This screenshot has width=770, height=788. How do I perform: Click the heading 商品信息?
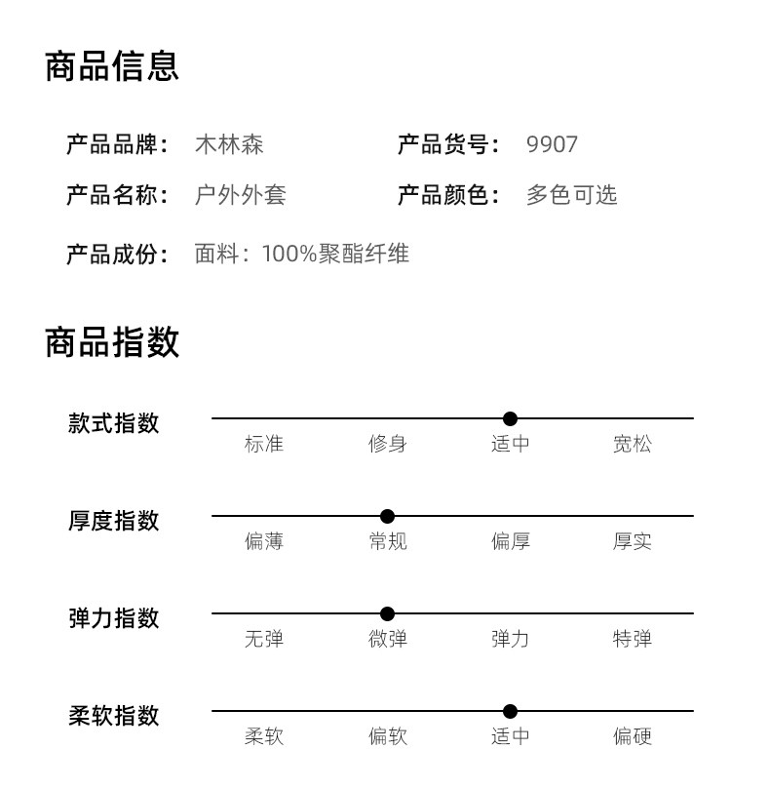(x=112, y=66)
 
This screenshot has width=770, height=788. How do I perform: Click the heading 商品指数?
(x=112, y=342)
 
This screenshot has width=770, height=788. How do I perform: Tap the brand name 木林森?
(x=229, y=144)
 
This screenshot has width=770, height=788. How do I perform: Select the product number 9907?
(x=552, y=144)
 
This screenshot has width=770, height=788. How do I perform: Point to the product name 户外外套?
(x=241, y=195)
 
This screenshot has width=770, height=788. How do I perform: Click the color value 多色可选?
(x=571, y=195)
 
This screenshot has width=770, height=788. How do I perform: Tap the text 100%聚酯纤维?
(x=335, y=254)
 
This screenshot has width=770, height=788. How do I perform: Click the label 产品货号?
(x=443, y=144)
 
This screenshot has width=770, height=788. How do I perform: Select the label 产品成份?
(x=112, y=254)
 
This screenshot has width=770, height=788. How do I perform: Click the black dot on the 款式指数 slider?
(x=510, y=418)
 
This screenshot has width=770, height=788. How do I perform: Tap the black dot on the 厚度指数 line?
(x=387, y=516)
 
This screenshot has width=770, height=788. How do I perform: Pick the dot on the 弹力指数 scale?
(x=387, y=613)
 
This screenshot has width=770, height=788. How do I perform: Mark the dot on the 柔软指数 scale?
(x=510, y=711)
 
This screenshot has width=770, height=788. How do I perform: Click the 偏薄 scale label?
(x=264, y=542)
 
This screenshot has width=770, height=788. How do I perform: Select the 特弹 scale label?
(x=633, y=639)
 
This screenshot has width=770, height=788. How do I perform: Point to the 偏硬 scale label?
(x=633, y=736)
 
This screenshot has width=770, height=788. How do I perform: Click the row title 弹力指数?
(x=114, y=618)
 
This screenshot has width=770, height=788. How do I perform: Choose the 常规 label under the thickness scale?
(x=387, y=542)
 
